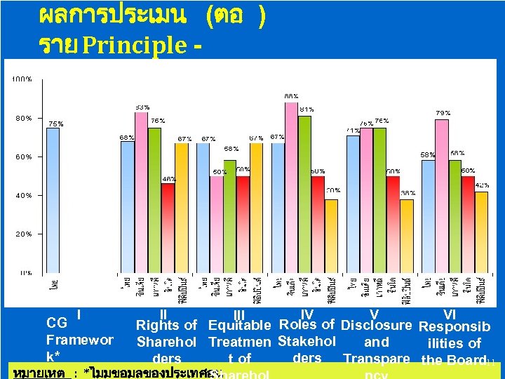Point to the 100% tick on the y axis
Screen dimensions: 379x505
tap(22, 79)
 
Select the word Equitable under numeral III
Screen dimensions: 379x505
tap(240, 325)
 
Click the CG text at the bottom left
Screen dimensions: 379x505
tap(55, 323)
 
